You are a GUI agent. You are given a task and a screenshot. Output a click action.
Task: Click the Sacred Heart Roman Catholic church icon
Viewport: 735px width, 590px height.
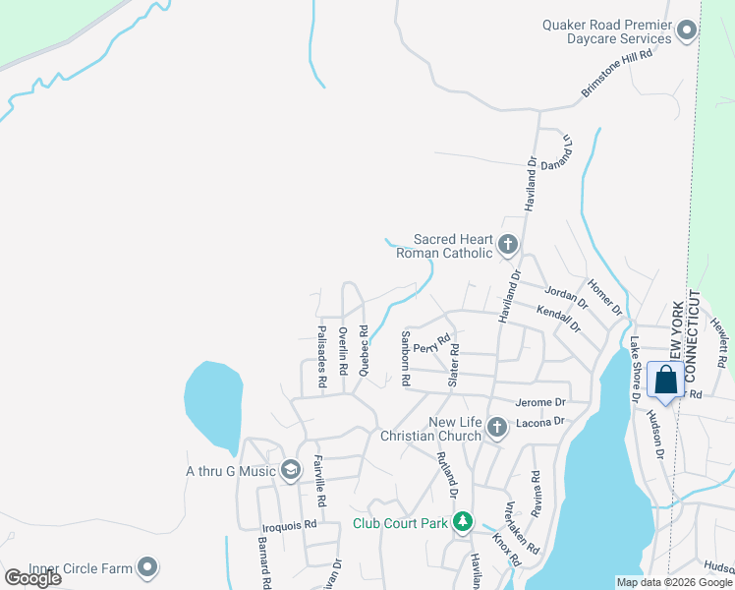tap(507, 244)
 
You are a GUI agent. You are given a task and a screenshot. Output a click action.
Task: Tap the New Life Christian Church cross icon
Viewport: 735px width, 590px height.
tap(496, 428)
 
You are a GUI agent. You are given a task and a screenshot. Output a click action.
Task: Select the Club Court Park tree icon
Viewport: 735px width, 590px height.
tap(463, 522)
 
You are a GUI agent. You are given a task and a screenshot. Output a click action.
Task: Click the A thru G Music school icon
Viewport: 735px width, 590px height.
tap(290, 471)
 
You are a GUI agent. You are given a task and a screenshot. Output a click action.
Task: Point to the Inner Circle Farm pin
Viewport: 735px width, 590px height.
tap(147, 567)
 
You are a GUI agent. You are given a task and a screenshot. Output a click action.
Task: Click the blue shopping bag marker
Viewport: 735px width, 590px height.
tap(665, 381)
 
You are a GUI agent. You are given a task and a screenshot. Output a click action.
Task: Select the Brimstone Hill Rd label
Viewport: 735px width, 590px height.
tap(617, 73)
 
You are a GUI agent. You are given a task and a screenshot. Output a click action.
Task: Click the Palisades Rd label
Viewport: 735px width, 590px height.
tap(321, 353)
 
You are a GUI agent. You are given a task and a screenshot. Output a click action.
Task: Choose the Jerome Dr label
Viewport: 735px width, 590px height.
tap(540, 402)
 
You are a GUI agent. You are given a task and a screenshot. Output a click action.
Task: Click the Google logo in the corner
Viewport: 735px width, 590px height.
tap(33, 578)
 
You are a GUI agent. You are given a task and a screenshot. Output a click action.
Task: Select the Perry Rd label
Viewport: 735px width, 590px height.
tap(430, 347)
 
